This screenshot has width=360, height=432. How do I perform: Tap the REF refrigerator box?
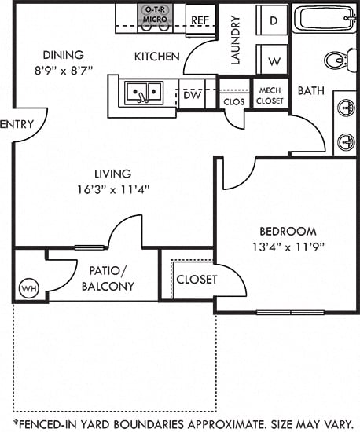click(x=200, y=20)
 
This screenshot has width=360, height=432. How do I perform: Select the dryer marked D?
click(x=274, y=20)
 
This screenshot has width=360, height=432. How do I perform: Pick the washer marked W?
click(x=274, y=60)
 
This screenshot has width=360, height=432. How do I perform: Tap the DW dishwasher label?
click(x=191, y=95)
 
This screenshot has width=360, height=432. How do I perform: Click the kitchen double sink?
click(x=143, y=93)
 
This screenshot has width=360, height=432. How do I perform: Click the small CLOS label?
click(x=234, y=101)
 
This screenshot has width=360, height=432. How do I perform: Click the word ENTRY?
click(x=16, y=124)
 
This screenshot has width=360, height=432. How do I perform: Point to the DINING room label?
click(x=64, y=55)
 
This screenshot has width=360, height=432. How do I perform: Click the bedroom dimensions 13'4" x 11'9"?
click(x=287, y=246)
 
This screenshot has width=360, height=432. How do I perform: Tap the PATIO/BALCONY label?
click(x=108, y=279)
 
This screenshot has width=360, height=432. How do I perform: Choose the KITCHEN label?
click(x=157, y=57)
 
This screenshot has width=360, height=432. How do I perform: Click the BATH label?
click(x=311, y=91)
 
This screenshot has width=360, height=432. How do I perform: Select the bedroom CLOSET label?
click(x=196, y=280)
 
